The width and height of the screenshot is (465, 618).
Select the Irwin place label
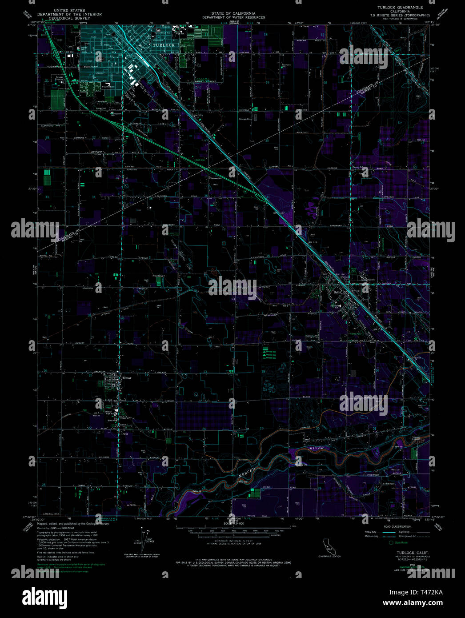[x=124, y=429]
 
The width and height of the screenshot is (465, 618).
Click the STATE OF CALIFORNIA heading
[x=233, y=13]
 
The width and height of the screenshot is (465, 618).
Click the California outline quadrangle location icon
[x=329, y=546]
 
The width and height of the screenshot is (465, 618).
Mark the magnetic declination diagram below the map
[x=143, y=540]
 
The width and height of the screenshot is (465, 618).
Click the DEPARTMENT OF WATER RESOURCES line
[x=233, y=17]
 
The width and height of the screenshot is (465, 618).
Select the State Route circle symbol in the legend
[x=392, y=542]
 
